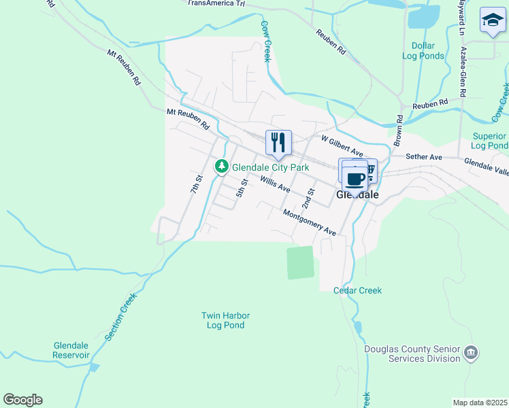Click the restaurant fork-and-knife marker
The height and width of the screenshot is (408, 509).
click(278, 142)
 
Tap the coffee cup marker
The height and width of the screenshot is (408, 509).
click(355, 179)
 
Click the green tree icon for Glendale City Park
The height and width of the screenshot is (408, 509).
click(222, 166)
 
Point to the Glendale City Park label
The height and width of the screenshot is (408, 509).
click(271, 167)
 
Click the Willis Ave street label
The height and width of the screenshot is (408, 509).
click(276, 184)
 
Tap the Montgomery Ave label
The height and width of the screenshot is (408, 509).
click(310, 222)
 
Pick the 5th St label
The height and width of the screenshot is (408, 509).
click(241, 188)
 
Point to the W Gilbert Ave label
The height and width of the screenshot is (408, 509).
click(342, 146)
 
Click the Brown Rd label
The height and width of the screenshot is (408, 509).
click(398, 131)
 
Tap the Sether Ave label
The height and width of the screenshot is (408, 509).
click(424, 157)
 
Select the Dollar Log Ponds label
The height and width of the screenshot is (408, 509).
click(427, 51)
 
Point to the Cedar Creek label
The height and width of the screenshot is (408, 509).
click(357, 290)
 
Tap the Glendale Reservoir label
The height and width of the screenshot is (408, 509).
click(71, 350)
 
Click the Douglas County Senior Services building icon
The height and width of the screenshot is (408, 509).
click(470, 354)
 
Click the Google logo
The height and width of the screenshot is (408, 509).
click(23, 400)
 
